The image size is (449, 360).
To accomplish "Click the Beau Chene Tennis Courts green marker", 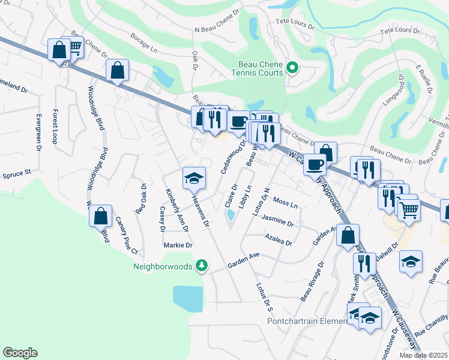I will click(292, 67).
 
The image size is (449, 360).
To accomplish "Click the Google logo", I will click(20, 353).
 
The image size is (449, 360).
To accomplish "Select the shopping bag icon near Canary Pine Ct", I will click(101, 215).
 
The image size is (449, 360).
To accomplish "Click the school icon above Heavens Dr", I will click(194, 177).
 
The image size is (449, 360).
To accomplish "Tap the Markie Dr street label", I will click(178, 245).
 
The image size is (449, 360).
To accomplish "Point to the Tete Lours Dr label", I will click(295, 23).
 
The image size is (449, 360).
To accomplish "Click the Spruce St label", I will click(16, 173).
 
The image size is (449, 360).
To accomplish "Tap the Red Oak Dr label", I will click(140, 199).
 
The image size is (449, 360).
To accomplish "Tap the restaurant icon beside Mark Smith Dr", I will click(363, 264).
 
